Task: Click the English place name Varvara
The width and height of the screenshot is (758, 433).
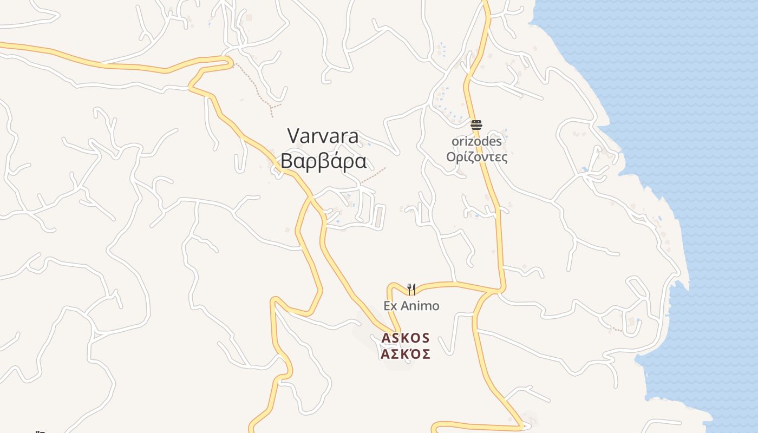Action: tap(323, 136)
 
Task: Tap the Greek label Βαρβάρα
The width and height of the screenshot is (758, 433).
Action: tap(323, 161)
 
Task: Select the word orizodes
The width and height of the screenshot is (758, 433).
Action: tap(476, 141)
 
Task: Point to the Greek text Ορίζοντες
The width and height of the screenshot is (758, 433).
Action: tap(476, 157)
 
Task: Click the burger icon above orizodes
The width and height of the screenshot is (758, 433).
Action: tap(476, 125)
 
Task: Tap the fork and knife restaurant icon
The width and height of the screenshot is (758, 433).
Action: tap(411, 289)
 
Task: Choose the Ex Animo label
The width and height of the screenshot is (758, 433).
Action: tap(411, 306)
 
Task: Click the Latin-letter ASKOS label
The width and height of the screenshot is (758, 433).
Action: tap(406, 338)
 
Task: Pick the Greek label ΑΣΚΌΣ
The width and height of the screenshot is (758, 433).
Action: tap(406, 355)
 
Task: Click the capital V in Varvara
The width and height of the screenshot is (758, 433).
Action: tap(293, 136)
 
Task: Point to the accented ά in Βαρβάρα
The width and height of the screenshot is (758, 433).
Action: tap(339, 161)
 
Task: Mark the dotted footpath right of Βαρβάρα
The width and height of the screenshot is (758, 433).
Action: tap(374, 174)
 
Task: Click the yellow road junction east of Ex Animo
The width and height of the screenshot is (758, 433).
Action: tap(494, 292)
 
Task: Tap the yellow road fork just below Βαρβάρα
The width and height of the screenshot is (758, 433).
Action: tap(311, 198)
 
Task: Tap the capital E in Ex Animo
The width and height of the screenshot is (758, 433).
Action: tap(387, 306)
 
